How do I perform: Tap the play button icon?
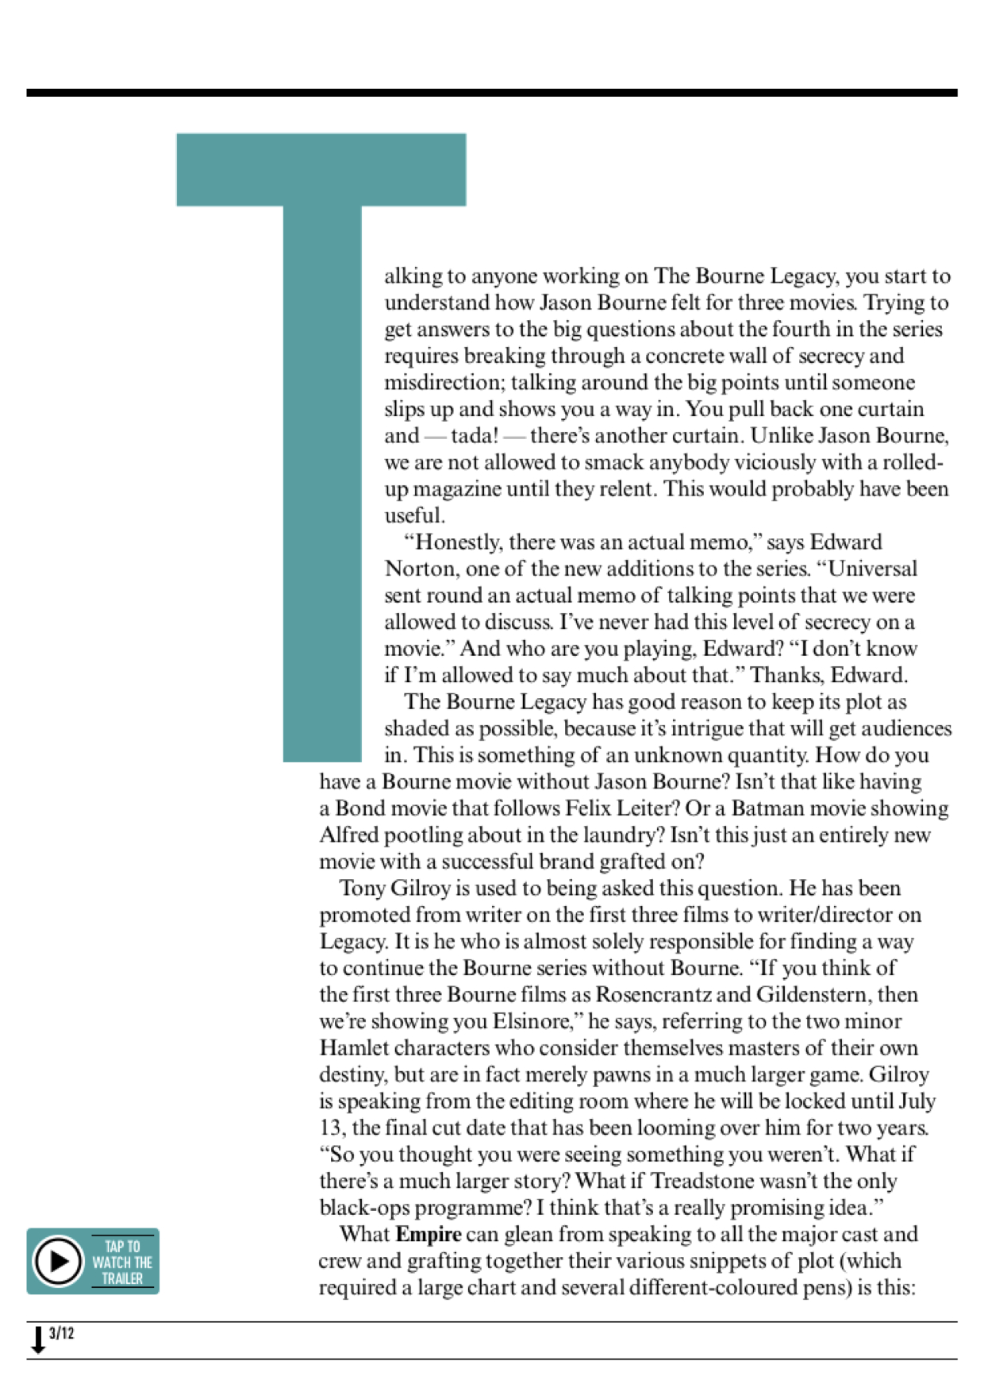(57, 1261)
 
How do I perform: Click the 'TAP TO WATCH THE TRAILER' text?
(122, 1263)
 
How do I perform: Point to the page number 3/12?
(61, 1333)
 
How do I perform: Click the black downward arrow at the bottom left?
(37, 1339)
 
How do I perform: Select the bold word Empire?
(429, 1234)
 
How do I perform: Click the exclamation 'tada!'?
(475, 436)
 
